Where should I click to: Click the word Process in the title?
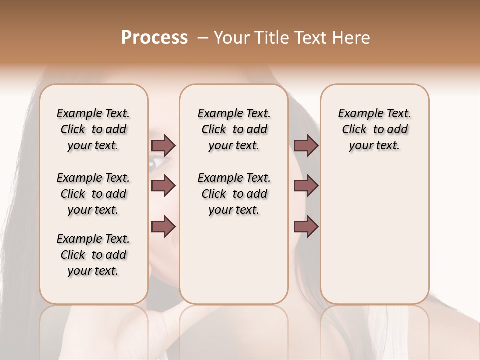(154, 38)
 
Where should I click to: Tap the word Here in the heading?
(349, 38)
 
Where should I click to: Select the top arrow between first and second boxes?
(163, 146)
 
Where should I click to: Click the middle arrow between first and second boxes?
(163, 186)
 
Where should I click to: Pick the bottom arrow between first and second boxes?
(163, 227)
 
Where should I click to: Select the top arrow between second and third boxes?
(306, 146)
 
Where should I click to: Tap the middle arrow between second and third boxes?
(306, 186)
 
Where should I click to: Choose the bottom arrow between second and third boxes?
(306, 227)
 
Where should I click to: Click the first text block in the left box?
(93, 129)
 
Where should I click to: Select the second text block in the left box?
(93, 194)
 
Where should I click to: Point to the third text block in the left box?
(93, 255)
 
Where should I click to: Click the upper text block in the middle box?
(234, 129)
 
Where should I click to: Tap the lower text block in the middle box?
(234, 194)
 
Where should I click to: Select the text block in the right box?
(374, 129)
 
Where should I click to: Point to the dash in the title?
(203, 38)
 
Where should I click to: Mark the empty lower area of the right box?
(374, 235)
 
